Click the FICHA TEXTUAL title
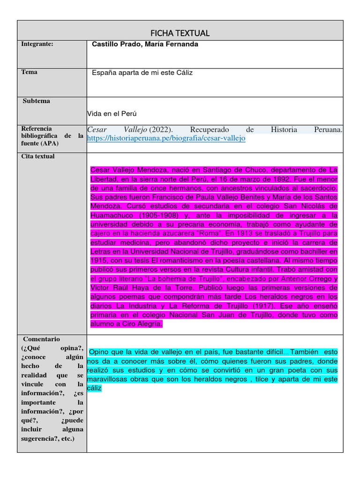pos(180,33)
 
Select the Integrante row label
pos(37,44)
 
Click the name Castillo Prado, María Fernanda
pos(145,45)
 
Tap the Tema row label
pos(30,72)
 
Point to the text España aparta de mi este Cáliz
pos(142,73)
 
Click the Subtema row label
pos(37,101)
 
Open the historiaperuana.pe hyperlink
pos(166,138)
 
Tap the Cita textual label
pos(38,156)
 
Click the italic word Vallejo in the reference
pos(135,129)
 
